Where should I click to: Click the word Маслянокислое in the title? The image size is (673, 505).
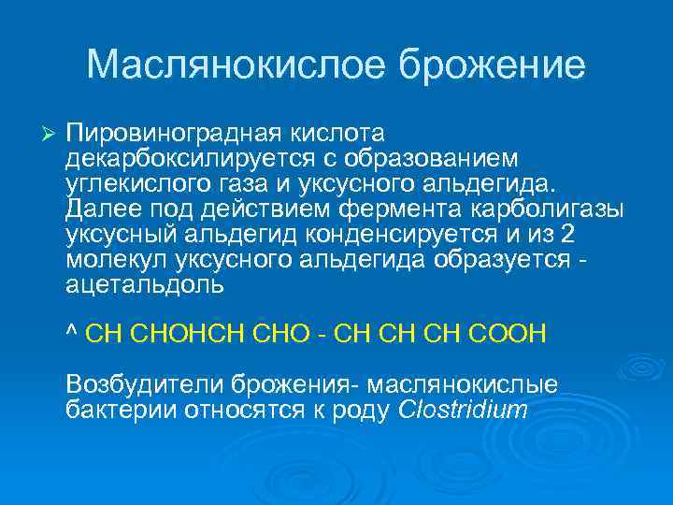pyautogui.click(x=237, y=65)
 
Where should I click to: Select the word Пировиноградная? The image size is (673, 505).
pyautogui.click(x=160, y=129)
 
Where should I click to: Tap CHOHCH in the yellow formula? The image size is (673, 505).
pyautogui.click(x=197, y=334)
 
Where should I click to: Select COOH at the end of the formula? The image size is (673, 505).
pyautogui.click(x=514, y=334)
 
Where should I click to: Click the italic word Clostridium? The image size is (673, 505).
pyautogui.click(x=464, y=409)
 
